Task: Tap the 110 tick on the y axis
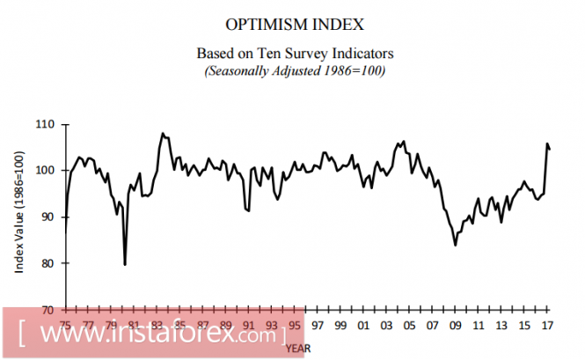47,124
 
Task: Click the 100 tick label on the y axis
47,171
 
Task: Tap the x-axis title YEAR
296,348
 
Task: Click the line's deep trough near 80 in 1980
125,264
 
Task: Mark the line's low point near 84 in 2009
456,245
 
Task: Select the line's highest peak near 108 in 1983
163,134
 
